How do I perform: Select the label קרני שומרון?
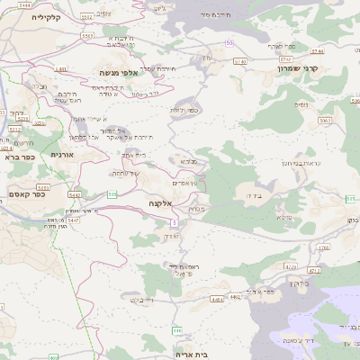tap(299, 67)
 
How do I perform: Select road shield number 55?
tap(229, 42)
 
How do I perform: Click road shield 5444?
tap(24, 5)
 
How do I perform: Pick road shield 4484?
tap(231, 295)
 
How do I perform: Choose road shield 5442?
tap(74, 193)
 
